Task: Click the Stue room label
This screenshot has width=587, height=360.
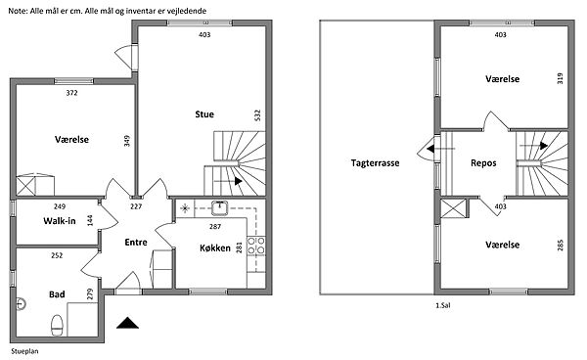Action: tap(204, 114)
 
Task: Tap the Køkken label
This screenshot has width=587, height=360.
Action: tap(215, 247)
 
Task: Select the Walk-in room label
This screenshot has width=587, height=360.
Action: tap(60, 221)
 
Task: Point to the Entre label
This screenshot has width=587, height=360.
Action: tap(136, 243)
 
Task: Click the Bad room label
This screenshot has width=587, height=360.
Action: tap(57, 294)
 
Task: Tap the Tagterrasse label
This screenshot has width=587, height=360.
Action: tap(375, 163)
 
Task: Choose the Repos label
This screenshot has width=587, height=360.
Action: tap(483, 163)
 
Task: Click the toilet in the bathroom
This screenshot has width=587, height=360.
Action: tap(57, 325)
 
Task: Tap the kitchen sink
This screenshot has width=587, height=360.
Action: tap(220, 208)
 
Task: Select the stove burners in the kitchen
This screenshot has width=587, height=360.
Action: tap(256, 246)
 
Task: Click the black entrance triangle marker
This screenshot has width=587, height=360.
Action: tap(127, 323)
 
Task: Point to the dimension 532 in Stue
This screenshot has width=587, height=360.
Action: tap(257, 114)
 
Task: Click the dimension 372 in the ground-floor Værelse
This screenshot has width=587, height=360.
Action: tap(71, 93)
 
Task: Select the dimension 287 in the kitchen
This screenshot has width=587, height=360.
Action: tap(215, 226)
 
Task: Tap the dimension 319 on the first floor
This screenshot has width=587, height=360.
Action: tap(560, 78)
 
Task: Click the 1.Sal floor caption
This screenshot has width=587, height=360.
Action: tap(443, 305)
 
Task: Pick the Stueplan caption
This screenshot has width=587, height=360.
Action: tap(24, 351)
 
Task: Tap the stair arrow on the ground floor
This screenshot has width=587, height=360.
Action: tap(228, 181)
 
